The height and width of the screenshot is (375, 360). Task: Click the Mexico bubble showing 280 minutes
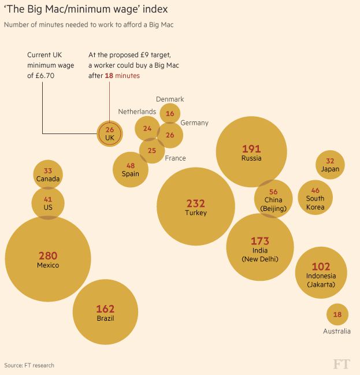(x=48, y=259)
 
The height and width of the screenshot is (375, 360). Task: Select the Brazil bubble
(x=105, y=313)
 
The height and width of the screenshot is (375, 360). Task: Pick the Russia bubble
(x=251, y=152)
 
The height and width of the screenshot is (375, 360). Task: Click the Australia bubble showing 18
(x=337, y=314)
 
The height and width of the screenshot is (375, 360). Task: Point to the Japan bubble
(x=330, y=165)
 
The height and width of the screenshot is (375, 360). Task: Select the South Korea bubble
(x=315, y=197)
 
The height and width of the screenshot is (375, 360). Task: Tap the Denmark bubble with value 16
(x=170, y=114)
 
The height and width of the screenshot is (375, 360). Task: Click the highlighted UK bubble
(x=110, y=133)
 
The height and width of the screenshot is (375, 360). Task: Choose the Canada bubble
(x=48, y=174)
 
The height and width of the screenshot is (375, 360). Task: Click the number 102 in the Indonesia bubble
(x=321, y=266)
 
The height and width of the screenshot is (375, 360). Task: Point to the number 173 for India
(x=259, y=240)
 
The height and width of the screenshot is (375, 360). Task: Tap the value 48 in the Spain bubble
(x=131, y=165)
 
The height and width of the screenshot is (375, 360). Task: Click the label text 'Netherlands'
(x=137, y=111)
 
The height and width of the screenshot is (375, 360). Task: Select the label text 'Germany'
(x=194, y=123)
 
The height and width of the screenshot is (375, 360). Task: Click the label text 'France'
(x=175, y=158)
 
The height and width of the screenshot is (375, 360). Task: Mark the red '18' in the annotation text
(x=109, y=76)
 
